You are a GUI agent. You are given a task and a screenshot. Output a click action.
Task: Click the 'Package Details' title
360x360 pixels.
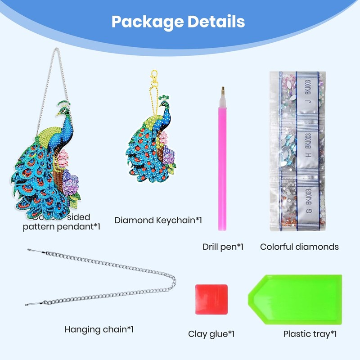[178, 21]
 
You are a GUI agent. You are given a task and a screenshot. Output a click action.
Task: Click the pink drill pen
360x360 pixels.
[222, 166]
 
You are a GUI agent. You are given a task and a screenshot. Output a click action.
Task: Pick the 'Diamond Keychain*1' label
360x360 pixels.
[158, 220]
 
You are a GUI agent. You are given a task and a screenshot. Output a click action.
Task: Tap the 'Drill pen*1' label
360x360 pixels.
[223, 247]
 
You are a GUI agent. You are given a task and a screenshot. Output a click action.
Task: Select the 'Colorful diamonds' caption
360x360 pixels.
[299, 247]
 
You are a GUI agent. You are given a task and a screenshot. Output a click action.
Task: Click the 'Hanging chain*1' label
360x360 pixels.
[99, 329]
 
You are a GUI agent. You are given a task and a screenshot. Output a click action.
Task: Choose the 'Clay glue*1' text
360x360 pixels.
[211, 334]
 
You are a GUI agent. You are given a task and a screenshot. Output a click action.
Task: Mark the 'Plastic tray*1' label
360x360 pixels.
[310, 334]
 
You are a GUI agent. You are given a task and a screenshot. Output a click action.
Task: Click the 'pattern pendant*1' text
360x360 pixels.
[62, 227]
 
